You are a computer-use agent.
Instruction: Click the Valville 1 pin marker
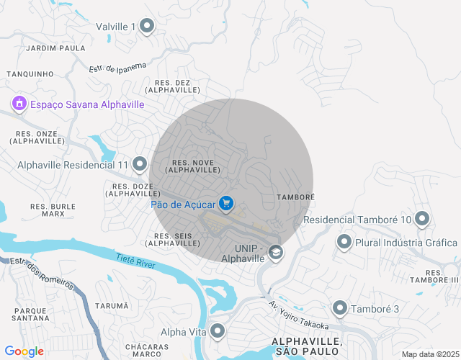point(147,27)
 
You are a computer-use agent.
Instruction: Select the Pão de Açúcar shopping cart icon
point(227,204)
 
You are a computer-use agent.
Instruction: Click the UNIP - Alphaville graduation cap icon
point(275,252)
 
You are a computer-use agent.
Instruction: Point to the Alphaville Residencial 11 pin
point(139,165)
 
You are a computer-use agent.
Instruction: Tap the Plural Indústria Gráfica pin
point(344,243)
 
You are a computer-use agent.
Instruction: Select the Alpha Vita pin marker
point(218,332)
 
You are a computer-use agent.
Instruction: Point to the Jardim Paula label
point(55,48)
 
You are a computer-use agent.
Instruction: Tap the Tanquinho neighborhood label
point(30,73)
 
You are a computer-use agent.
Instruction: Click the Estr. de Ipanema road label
point(122,66)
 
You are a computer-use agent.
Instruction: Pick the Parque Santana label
point(30,314)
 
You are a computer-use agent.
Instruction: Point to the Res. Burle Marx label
point(53,210)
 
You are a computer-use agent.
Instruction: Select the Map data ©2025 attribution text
point(429,354)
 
